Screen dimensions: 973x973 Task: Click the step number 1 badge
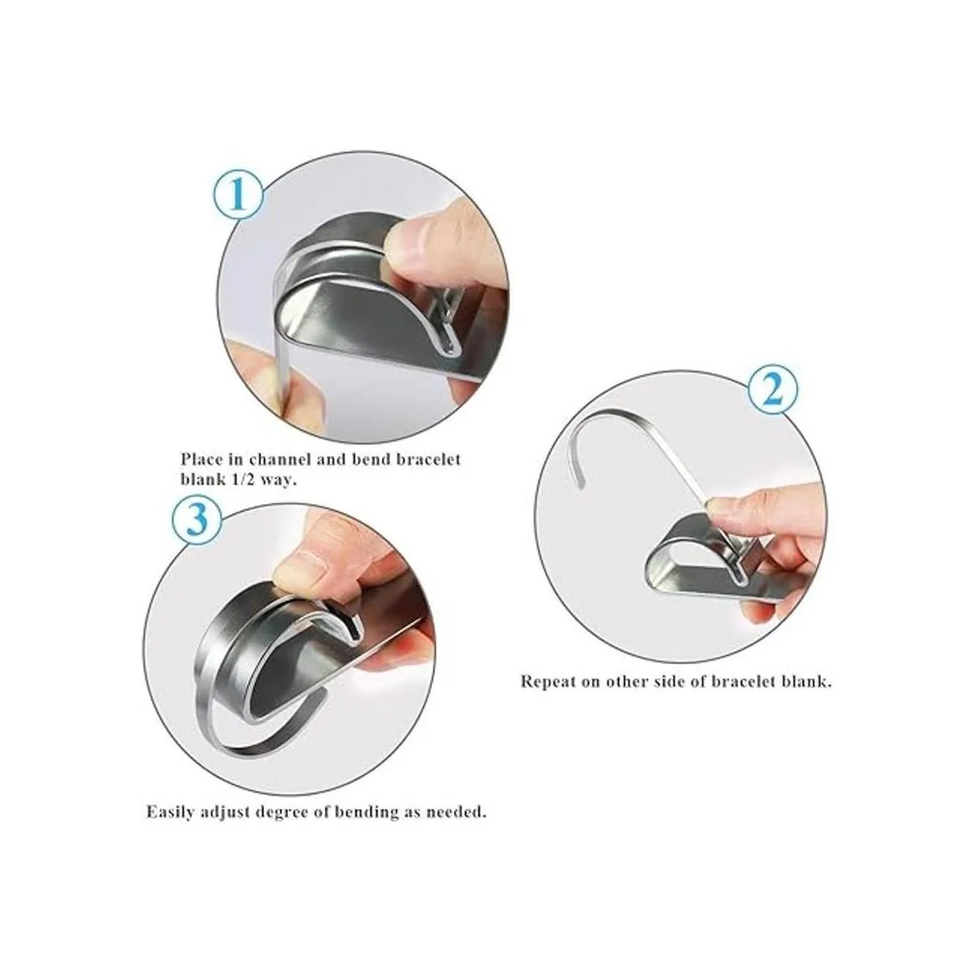(239, 198)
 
